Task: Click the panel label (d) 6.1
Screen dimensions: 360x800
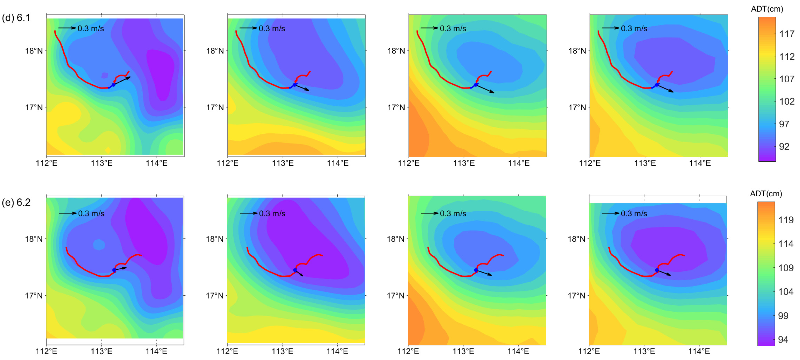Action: click(x=16, y=18)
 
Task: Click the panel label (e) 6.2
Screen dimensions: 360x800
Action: click(x=16, y=203)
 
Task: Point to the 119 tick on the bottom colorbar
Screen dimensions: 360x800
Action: click(x=786, y=220)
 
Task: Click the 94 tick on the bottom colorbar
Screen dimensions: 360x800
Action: click(x=783, y=339)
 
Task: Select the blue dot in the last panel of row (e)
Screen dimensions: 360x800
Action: click(x=657, y=270)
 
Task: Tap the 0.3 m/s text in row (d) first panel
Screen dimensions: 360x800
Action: click(x=91, y=29)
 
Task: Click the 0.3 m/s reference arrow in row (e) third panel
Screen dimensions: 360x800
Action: click(x=430, y=213)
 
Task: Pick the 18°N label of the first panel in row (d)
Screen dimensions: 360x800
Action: click(x=34, y=51)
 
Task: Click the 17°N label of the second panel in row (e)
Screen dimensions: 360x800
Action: click(x=215, y=295)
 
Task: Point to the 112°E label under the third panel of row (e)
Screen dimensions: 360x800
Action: click(x=408, y=351)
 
